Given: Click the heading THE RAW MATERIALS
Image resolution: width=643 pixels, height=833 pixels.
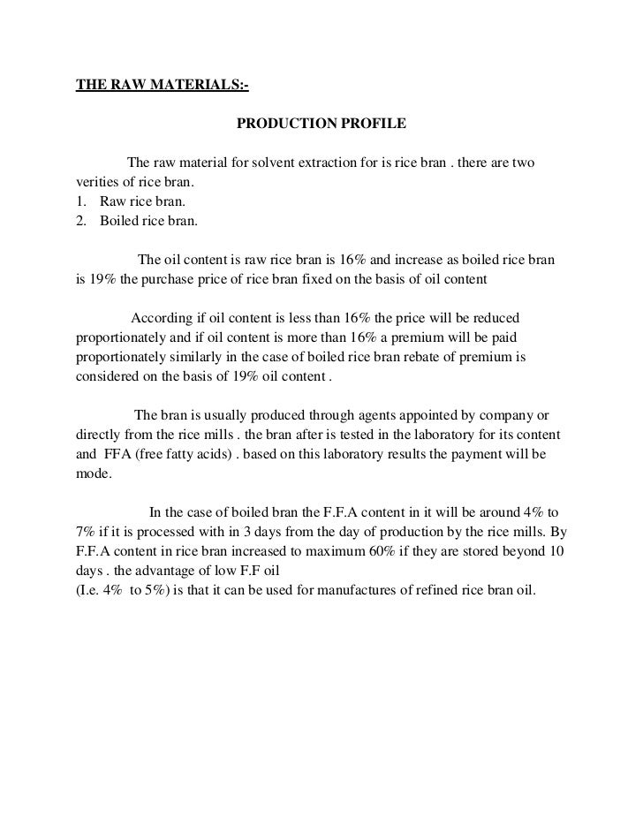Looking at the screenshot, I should pos(162,85).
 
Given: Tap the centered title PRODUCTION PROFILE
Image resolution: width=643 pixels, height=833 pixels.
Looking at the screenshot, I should pos(321,124).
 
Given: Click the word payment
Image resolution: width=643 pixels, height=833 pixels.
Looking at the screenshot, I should pos(481,454).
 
